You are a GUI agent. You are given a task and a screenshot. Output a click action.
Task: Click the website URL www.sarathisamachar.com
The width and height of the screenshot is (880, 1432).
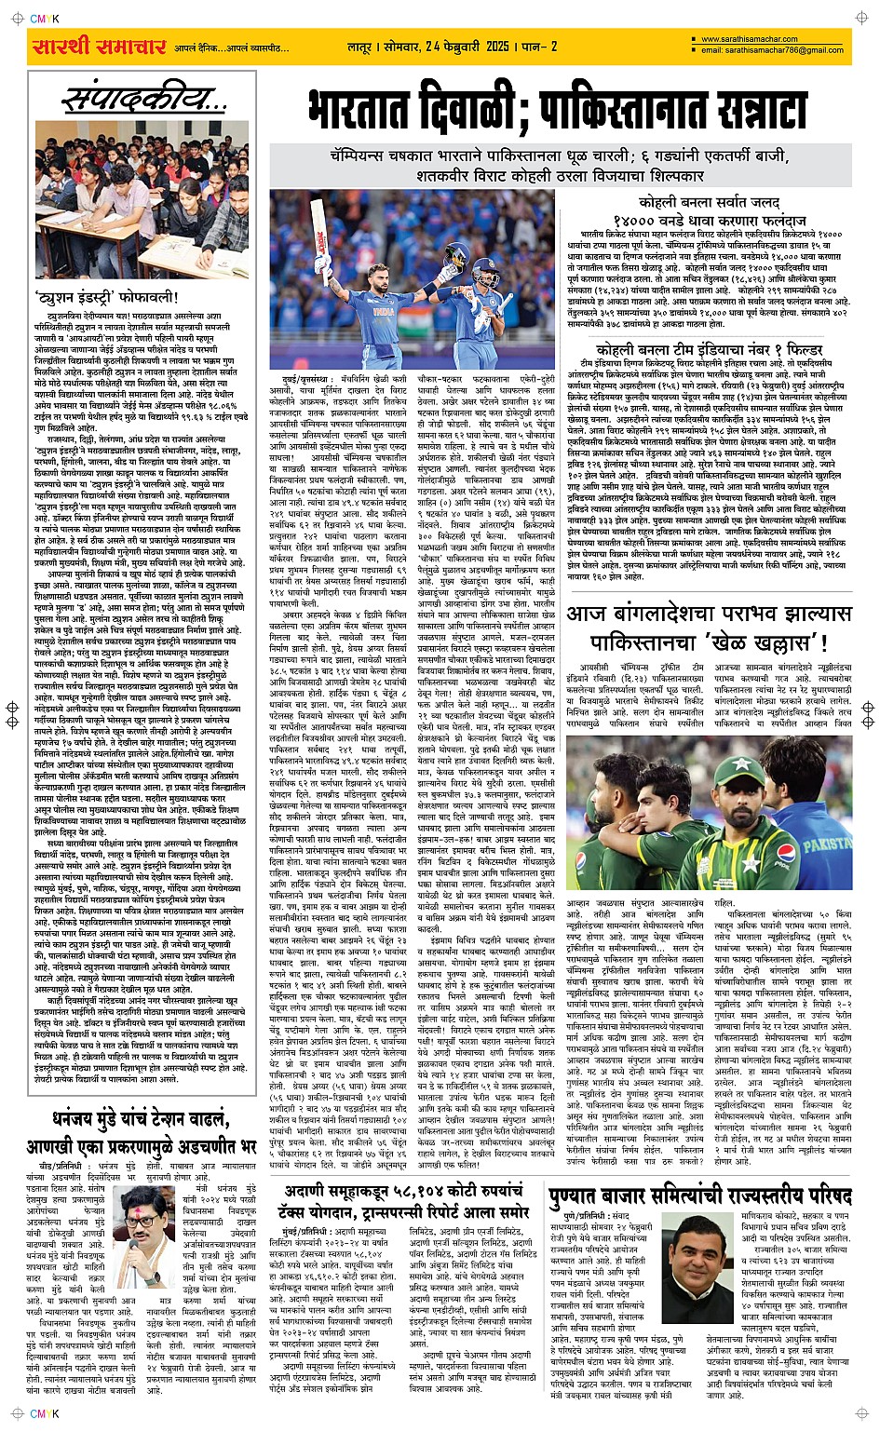(x=750, y=39)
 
